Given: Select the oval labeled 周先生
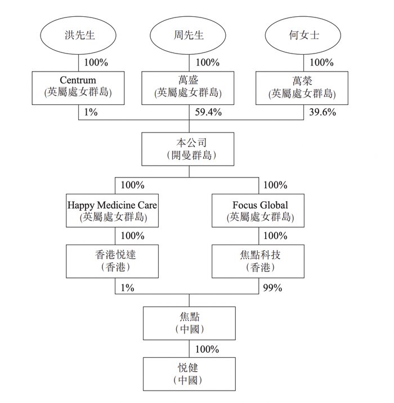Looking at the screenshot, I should (x=189, y=36).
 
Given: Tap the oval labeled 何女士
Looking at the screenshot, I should (x=298, y=36).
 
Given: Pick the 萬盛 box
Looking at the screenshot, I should (x=189, y=87).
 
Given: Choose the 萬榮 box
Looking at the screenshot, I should (x=298, y=87).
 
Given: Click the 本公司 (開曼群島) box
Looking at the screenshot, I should (x=189, y=149).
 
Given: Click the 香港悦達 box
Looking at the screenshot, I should (x=115, y=261).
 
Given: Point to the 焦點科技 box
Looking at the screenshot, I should (x=261, y=261).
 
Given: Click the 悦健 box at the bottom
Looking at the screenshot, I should (x=189, y=374).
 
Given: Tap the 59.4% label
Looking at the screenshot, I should (x=209, y=112).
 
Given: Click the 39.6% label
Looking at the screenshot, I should (x=323, y=112).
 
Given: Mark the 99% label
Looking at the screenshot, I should (x=273, y=287).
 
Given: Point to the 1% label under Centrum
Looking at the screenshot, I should (x=90, y=112).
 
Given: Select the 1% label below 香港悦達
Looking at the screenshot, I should (x=128, y=287).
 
